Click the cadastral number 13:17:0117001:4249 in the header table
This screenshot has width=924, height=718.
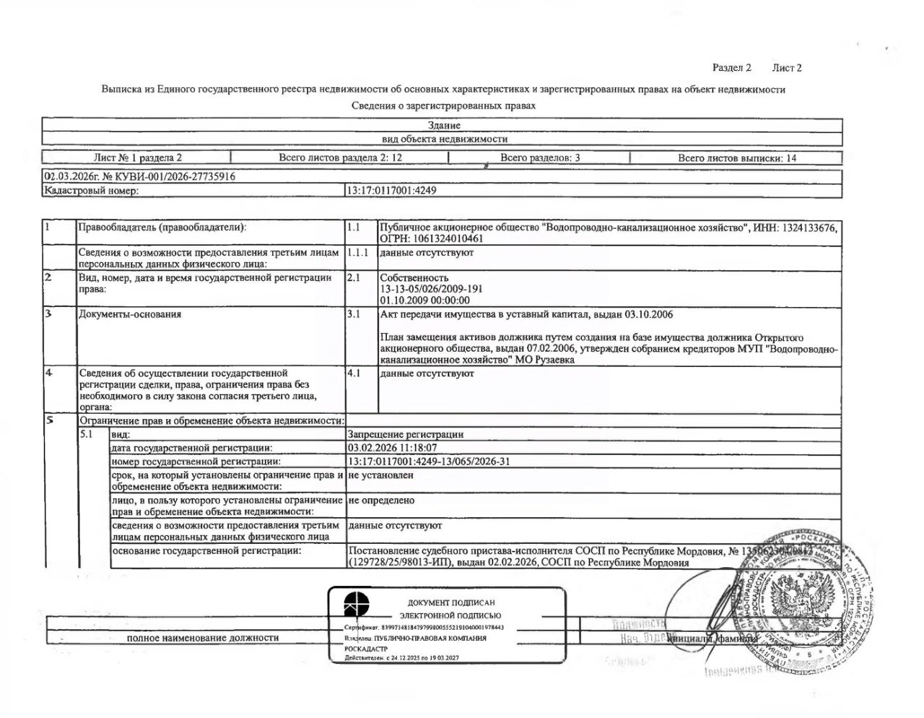(392, 191)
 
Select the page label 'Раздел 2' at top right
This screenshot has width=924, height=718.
(732, 68)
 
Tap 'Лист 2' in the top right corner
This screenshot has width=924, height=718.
(787, 68)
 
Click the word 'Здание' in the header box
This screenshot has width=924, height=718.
(444, 126)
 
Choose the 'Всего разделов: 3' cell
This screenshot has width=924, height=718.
(540, 157)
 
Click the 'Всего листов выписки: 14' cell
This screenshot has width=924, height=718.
(737, 157)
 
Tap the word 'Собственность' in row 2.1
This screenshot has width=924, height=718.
(414, 277)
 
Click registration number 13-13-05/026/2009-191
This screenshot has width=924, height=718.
(431, 289)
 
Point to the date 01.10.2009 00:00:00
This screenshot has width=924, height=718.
(424, 300)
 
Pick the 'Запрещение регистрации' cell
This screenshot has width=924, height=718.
(406, 435)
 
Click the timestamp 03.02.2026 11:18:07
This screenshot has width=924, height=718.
(392, 448)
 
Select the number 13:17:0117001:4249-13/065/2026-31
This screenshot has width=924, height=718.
(429, 461)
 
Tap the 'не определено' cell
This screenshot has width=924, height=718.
(381, 501)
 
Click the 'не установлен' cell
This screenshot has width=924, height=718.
(380, 475)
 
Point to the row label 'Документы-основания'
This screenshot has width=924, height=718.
(130, 314)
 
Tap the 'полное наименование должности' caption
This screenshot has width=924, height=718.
(203, 638)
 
